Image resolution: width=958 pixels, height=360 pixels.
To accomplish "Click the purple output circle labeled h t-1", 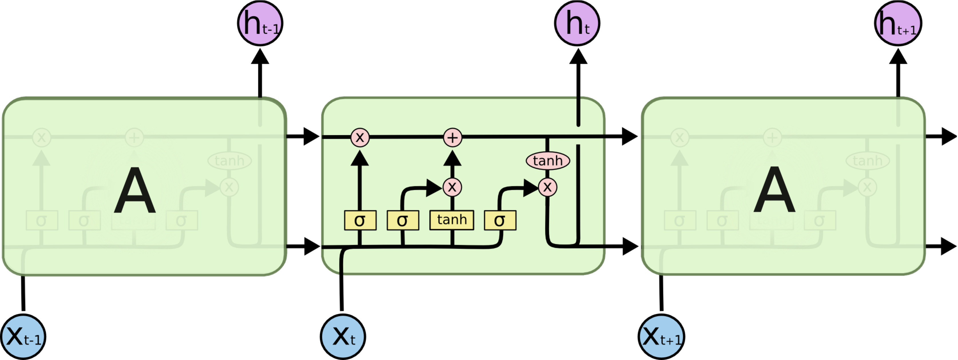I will pos(260,23).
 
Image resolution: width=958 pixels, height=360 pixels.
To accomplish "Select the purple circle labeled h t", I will pos(577,23).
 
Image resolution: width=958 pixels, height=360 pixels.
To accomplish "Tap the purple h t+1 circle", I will pos(897,23).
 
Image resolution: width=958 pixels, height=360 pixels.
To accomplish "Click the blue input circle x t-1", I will pos(23,337).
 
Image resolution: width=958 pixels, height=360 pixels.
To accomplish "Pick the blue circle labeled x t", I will pos(343,337).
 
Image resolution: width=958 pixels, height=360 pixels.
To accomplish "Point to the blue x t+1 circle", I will pos(661,337).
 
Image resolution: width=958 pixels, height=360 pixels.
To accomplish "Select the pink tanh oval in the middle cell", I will pos(547,161).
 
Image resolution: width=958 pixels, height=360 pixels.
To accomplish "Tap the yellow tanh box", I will pos(452,220).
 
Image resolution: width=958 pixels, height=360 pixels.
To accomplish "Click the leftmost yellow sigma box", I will pos(360,220).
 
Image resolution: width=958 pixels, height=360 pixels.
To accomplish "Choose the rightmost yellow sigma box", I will pos(500,220).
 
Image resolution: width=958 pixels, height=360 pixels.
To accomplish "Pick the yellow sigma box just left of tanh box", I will pos(403,220).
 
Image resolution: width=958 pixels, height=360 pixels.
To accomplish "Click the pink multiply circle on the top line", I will pos(360,137).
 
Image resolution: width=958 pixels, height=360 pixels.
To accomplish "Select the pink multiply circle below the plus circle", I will pos(452,187).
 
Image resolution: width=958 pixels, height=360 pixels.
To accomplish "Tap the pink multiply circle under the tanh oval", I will pos(547,187).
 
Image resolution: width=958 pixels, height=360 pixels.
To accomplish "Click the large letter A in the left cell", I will pos(135,190).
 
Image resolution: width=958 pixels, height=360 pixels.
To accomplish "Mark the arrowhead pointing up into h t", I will pos(578,57).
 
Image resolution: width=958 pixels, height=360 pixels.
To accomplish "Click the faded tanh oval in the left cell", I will pos(229,161).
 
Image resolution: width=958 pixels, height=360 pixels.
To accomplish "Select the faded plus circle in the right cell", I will pos(772,138).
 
